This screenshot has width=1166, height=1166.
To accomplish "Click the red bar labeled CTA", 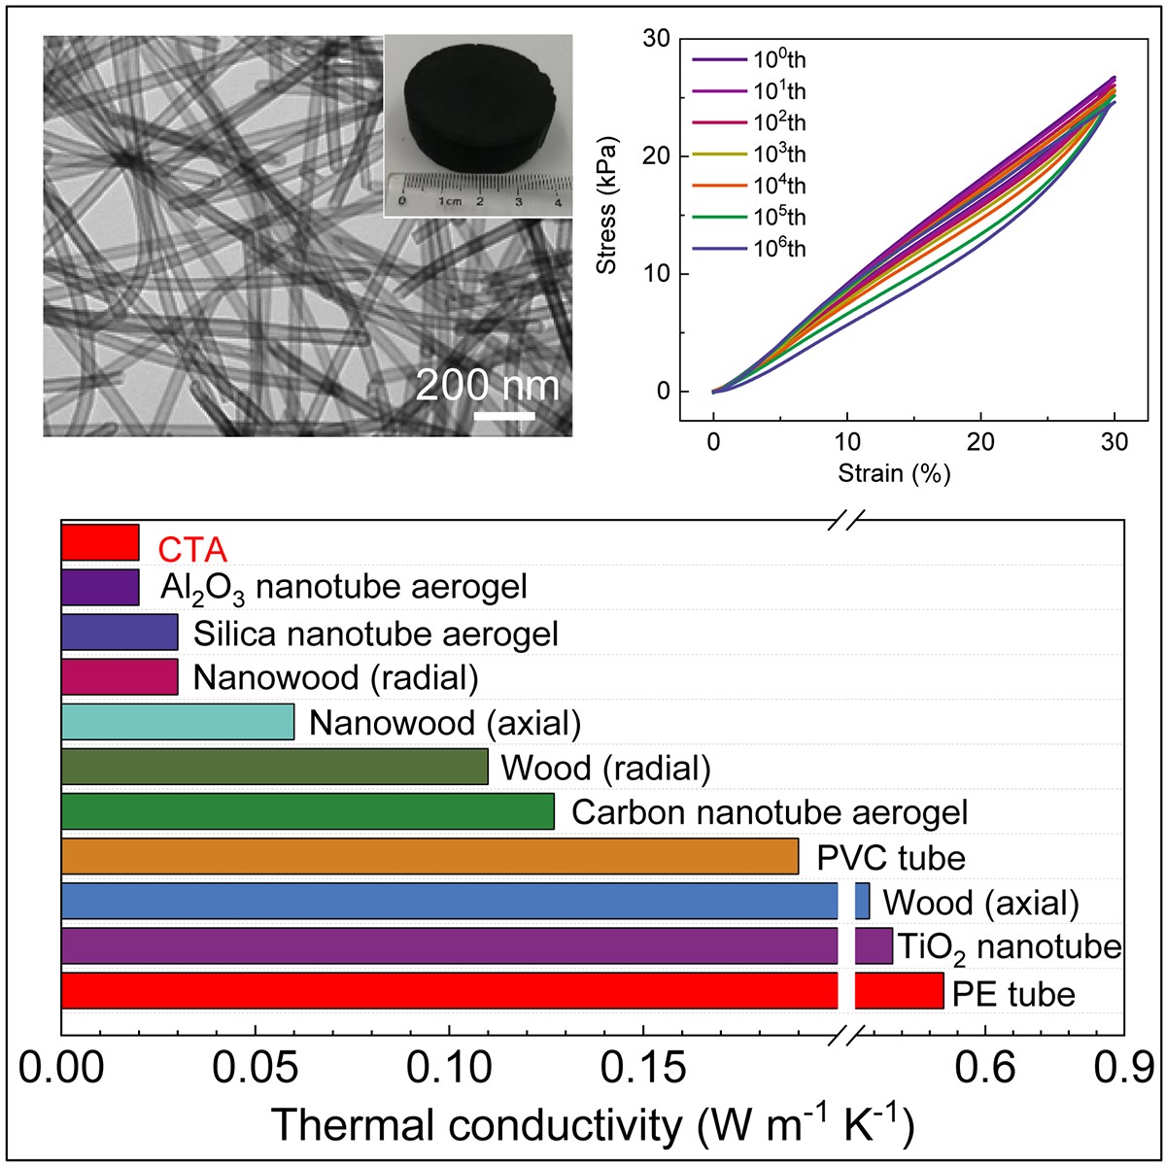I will tap(100, 542).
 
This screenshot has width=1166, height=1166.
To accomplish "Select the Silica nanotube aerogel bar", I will tap(120, 632).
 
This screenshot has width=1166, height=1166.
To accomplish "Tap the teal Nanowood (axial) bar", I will tap(178, 722).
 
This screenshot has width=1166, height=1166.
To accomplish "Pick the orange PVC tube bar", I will tap(429, 856).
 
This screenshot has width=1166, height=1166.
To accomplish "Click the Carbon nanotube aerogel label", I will tap(770, 812).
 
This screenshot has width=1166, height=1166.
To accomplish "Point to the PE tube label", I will tap(1013, 994).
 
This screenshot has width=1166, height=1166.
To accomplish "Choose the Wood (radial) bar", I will tap(274, 767).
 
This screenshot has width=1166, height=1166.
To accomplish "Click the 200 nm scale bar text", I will tap(488, 386).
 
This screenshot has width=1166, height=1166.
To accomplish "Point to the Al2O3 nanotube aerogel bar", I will tap(100, 587).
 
